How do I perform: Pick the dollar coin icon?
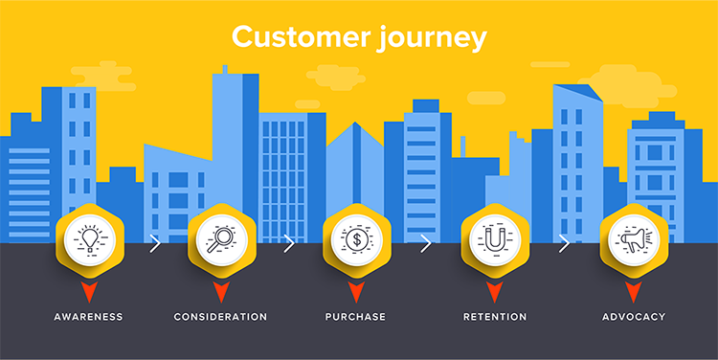[x=356, y=240]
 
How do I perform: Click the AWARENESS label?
[x=89, y=316]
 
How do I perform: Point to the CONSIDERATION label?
[x=220, y=316]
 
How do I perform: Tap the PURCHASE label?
[x=356, y=316]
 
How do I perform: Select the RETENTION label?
[x=495, y=316]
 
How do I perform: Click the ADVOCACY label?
[x=633, y=316]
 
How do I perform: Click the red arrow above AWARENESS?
[x=89, y=290]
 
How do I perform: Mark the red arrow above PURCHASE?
[x=356, y=290]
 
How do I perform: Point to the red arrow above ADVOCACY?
[x=633, y=290]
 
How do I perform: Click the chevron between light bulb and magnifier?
[x=155, y=243]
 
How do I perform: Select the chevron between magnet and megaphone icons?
[x=564, y=243]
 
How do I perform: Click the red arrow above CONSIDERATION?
[x=220, y=290]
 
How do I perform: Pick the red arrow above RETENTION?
[x=495, y=290]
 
